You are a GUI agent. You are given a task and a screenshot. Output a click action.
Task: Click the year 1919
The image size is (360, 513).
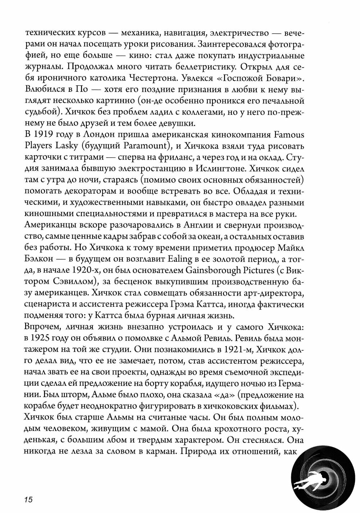[44, 135]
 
